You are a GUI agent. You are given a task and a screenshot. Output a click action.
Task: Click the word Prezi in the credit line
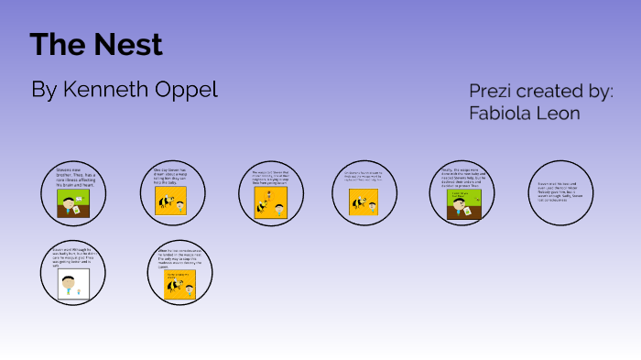(492, 92)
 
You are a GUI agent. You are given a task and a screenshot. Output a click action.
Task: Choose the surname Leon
(560, 114)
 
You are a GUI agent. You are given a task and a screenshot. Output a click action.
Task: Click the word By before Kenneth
(44, 90)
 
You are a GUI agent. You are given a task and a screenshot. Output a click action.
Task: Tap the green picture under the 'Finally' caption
(462, 205)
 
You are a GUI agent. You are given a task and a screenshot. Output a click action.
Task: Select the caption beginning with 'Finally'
(462, 178)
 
